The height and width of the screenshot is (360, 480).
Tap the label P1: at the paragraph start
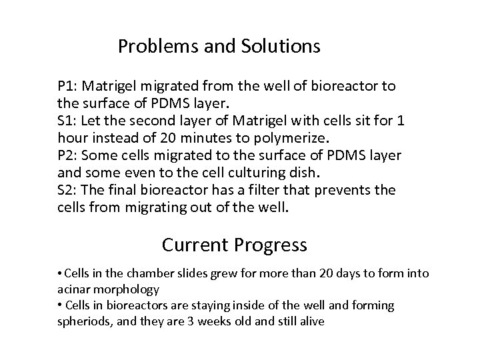coord(68,87)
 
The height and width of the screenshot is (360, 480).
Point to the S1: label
coord(67,121)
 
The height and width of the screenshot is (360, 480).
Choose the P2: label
coord(68,156)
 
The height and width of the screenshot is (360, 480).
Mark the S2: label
coord(67,191)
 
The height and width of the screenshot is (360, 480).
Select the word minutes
coord(207,139)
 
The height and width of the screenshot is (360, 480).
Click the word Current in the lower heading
coord(195,245)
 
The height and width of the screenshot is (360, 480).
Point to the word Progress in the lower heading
coord(271,245)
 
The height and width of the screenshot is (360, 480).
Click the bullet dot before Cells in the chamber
coord(60,274)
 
